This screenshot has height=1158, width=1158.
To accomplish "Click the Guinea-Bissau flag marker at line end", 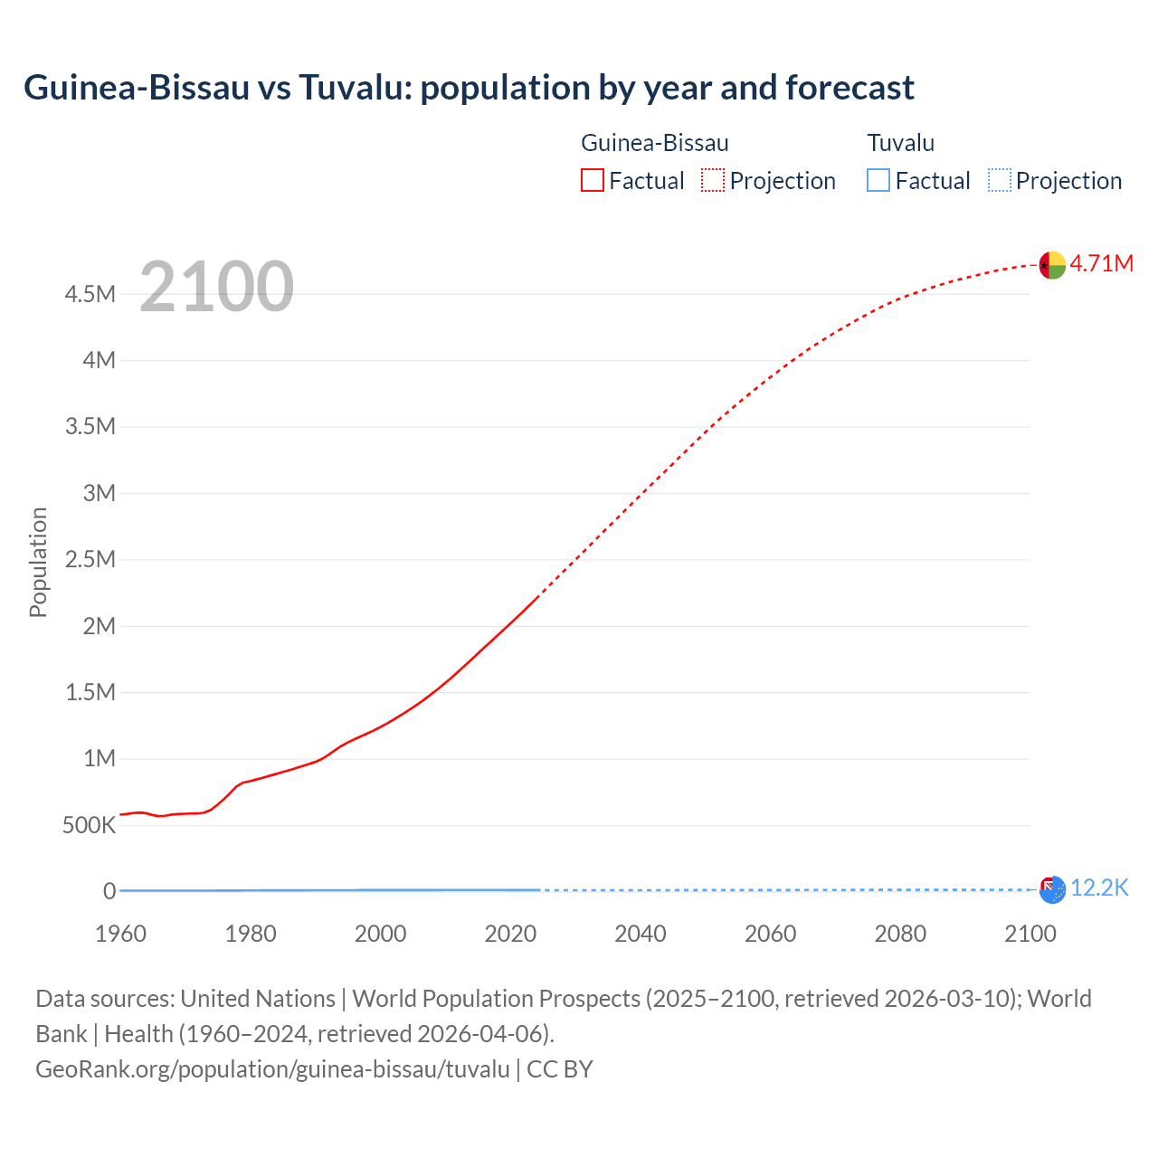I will click(1052, 265).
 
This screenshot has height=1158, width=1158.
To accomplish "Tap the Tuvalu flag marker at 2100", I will click(1052, 890).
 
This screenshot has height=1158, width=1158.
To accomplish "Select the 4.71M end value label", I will click(1101, 263).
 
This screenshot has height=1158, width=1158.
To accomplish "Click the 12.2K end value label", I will click(1099, 888).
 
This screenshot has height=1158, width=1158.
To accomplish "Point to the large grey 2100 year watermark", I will click(216, 287).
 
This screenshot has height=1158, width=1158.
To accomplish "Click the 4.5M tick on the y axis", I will click(90, 294).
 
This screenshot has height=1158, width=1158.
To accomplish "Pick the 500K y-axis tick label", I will click(89, 825).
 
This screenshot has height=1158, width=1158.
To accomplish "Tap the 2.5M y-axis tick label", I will click(90, 559).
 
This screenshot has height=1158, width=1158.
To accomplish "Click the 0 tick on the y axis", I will click(109, 891).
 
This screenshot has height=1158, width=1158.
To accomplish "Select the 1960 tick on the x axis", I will click(120, 934).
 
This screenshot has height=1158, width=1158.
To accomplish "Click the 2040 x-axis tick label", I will click(641, 934).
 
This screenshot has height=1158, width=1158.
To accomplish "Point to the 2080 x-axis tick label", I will click(900, 934).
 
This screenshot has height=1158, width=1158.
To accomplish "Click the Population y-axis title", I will click(38, 562).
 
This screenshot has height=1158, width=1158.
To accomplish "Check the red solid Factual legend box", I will click(592, 180).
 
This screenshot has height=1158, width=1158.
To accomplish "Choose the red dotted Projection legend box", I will click(713, 180).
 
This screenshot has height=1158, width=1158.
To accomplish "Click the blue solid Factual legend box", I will click(878, 180).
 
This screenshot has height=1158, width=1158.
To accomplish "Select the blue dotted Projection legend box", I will click(999, 180).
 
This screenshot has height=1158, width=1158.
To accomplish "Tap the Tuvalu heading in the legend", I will click(900, 143).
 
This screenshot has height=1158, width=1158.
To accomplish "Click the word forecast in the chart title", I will click(850, 88).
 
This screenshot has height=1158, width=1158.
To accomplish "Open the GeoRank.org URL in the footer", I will click(272, 1069).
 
